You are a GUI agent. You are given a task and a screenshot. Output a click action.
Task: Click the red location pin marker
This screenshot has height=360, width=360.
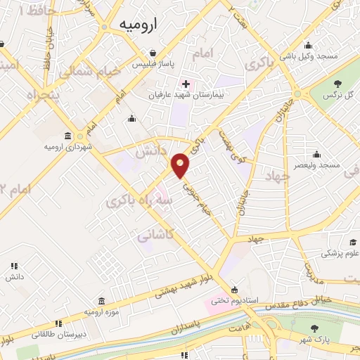point(181,166)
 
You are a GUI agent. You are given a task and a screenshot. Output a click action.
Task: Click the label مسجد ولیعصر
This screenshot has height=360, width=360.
point(318,165)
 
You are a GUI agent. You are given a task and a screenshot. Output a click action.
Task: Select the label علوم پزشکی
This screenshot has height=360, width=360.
point(340,253)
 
